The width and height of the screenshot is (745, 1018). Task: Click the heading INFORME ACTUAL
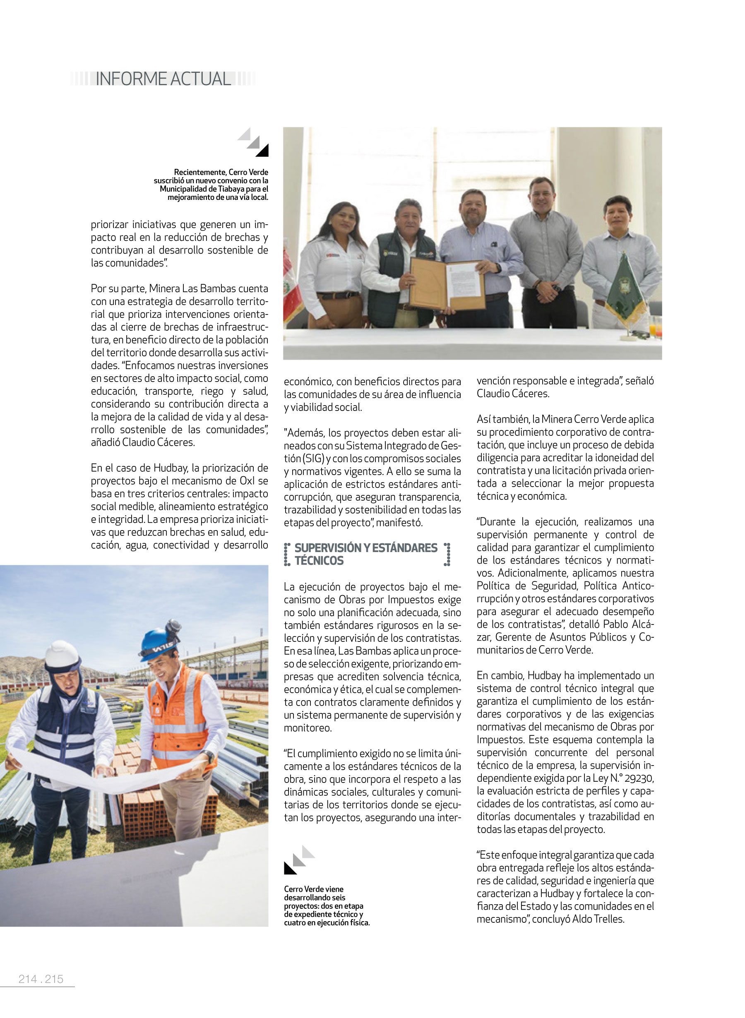pos(163,79)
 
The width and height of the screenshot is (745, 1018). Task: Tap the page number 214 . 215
pos(41,979)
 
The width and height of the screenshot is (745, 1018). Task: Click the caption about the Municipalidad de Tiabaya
pos(212,185)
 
